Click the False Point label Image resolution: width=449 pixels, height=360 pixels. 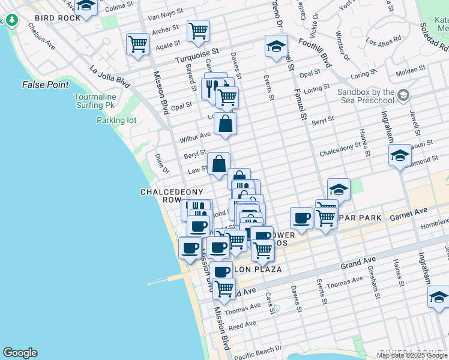click(46, 85)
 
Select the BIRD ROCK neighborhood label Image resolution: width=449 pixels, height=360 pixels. click(58, 18)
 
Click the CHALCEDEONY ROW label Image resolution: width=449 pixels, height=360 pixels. click(161, 196)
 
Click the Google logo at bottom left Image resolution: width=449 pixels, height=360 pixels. click(20, 353)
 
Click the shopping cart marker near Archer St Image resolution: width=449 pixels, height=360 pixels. click(198, 30)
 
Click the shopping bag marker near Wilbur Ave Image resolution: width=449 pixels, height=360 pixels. click(225, 124)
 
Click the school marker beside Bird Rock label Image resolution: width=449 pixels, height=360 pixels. click(86, 7)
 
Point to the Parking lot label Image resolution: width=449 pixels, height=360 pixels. click(116, 120)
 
